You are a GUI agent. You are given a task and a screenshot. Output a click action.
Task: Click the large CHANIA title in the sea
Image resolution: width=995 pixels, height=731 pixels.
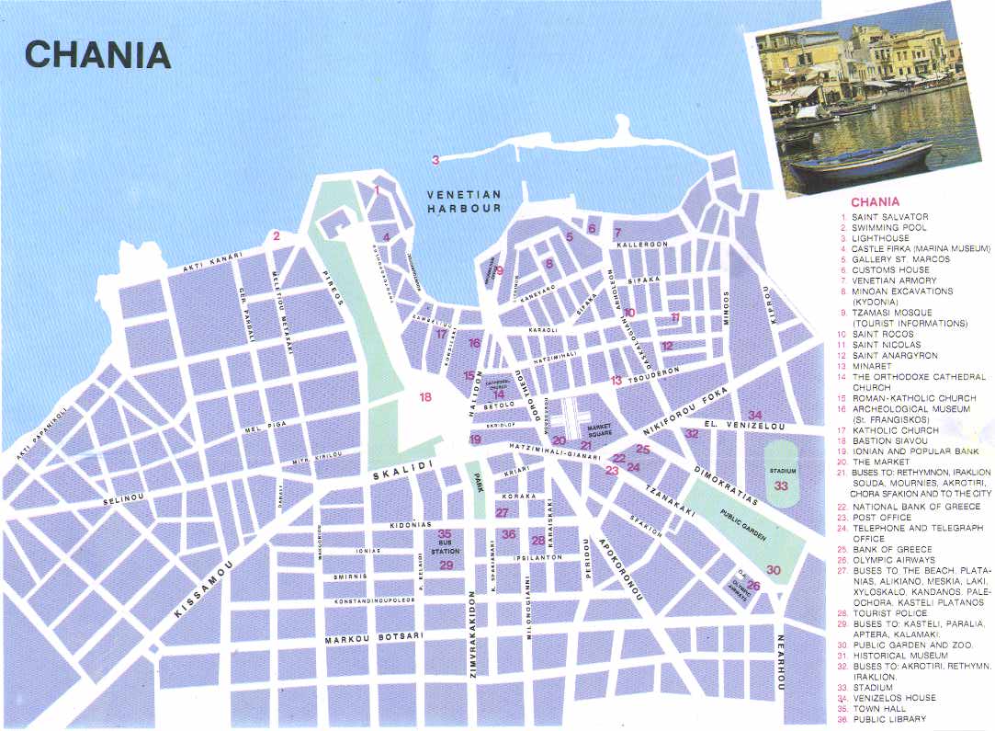pos(97,54)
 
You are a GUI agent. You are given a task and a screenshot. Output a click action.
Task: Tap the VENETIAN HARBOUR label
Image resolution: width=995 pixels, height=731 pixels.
pos(464,201)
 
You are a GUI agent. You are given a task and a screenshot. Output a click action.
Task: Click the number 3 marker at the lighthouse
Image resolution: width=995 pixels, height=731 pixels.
pos(435,160)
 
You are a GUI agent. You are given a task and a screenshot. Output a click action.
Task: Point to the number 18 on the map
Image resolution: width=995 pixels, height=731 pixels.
pos(424,397)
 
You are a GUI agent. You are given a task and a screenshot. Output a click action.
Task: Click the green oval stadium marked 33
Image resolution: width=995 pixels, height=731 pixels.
pos(782,471)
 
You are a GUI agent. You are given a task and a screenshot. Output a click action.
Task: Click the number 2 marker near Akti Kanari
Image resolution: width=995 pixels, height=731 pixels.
pos(276,236)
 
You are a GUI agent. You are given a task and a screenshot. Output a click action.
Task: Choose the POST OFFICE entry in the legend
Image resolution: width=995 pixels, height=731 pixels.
pos(882,518)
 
